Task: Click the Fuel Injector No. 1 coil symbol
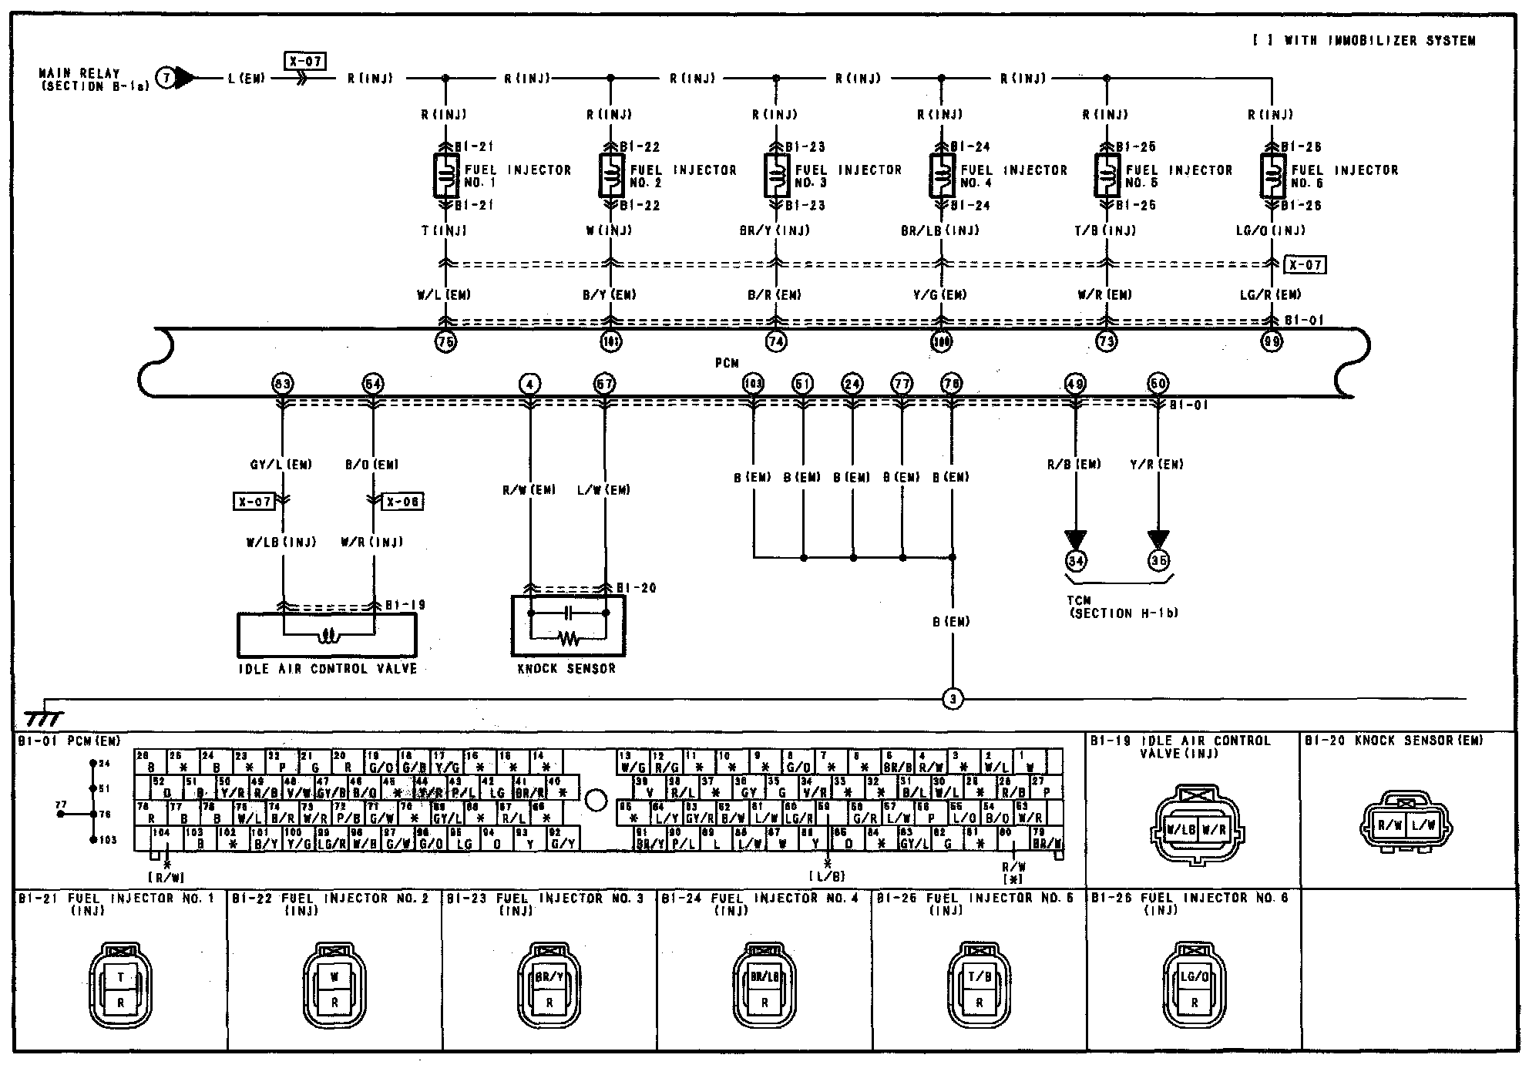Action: tap(446, 176)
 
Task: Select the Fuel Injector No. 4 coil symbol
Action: tap(942, 176)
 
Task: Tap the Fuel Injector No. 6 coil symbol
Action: tap(1272, 176)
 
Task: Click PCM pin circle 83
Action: tap(283, 384)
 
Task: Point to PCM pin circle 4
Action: tap(529, 384)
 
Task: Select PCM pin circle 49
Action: tap(1074, 384)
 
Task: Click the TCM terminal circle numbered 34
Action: tap(1076, 561)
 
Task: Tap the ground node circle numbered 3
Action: tap(953, 700)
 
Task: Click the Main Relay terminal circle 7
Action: tap(166, 78)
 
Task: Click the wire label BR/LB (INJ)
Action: tap(940, 230)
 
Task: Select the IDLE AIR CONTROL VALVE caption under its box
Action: tap(328, 669)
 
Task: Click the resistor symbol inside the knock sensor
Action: tap(568, 638)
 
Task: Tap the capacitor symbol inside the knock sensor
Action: tap(568, 613)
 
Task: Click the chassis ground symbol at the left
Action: tap(45, 717)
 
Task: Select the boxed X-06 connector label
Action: tap(403, 502)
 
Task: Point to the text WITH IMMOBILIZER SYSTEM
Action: tap(1379, 41)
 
